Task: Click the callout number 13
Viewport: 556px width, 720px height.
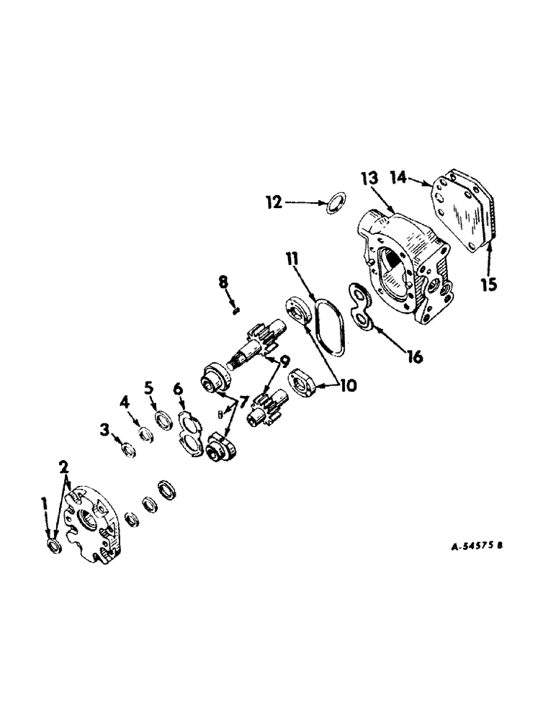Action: pyautogui.click(x=369, y=179)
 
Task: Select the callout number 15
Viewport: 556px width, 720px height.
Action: pyautogui.click(x=489, y=284)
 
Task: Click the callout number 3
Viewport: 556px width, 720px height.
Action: pyautogui.click(x=106, y=431)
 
